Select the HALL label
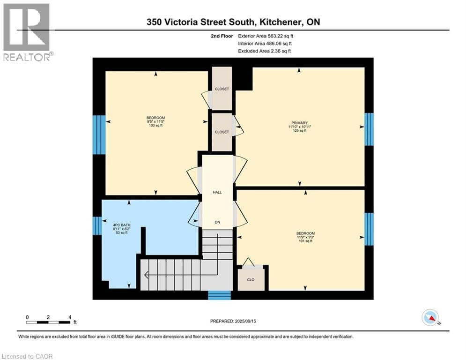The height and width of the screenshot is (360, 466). pyautogui.click(x=217, y=192)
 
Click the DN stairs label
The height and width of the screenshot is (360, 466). pyautogui.click(x=217, y=222)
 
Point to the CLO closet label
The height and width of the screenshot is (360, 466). pyautogui.click(x=252, y=279)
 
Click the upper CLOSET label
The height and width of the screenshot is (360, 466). pyautogui.click(x=222, y=89)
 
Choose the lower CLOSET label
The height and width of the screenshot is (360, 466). pyautogui.click(x=222, y=132)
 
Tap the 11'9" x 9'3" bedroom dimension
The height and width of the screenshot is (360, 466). pyautogui.click(x=305, y=238)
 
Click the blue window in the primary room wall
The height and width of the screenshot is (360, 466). pyautogui.click(x=369, y=129)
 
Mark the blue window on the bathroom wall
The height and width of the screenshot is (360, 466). pyautogui.click(x=97, y=225)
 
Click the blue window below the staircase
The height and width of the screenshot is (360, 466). pyautogui.click(x=219, y=295)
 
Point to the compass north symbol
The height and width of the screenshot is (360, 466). pyautogui.click(x=430, y=318)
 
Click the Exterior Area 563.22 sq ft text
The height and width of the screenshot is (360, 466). pyautogui.click(x=266, y=36)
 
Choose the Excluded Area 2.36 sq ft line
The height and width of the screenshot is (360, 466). pyautogui.click(x=264, y=51)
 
